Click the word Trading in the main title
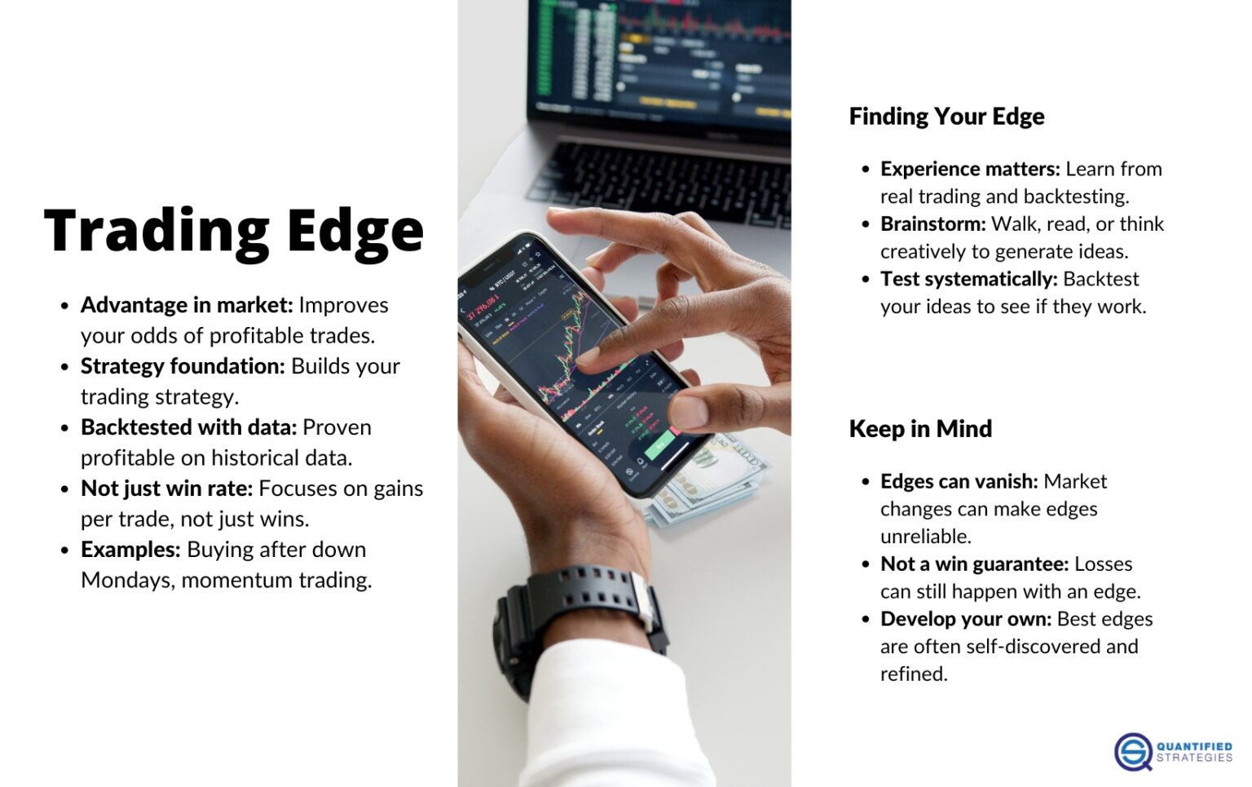(156, 232)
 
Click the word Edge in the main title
(355, 232)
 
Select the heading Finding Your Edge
(946, 117)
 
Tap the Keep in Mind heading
(920, 429)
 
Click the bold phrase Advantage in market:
(187, 305)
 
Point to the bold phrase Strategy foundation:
(183, 366)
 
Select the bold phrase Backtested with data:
(188, 427)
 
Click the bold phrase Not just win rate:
(167, 489)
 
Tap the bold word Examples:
(130, 550)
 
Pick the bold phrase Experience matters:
(970, 169)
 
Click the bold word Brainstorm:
(933, 224)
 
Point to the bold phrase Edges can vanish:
(959, 482)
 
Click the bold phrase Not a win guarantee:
(974, 564)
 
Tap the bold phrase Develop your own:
(966, 619)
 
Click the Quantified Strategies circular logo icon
(1133, 751)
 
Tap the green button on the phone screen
(659, 445)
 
